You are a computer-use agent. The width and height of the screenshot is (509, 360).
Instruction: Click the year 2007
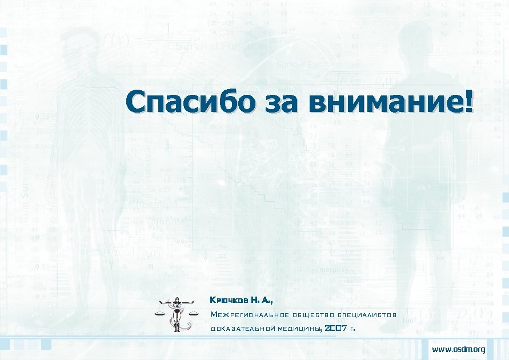336,328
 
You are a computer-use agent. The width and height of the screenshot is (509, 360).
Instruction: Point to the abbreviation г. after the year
353,329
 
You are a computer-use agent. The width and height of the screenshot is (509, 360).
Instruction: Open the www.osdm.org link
459,349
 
